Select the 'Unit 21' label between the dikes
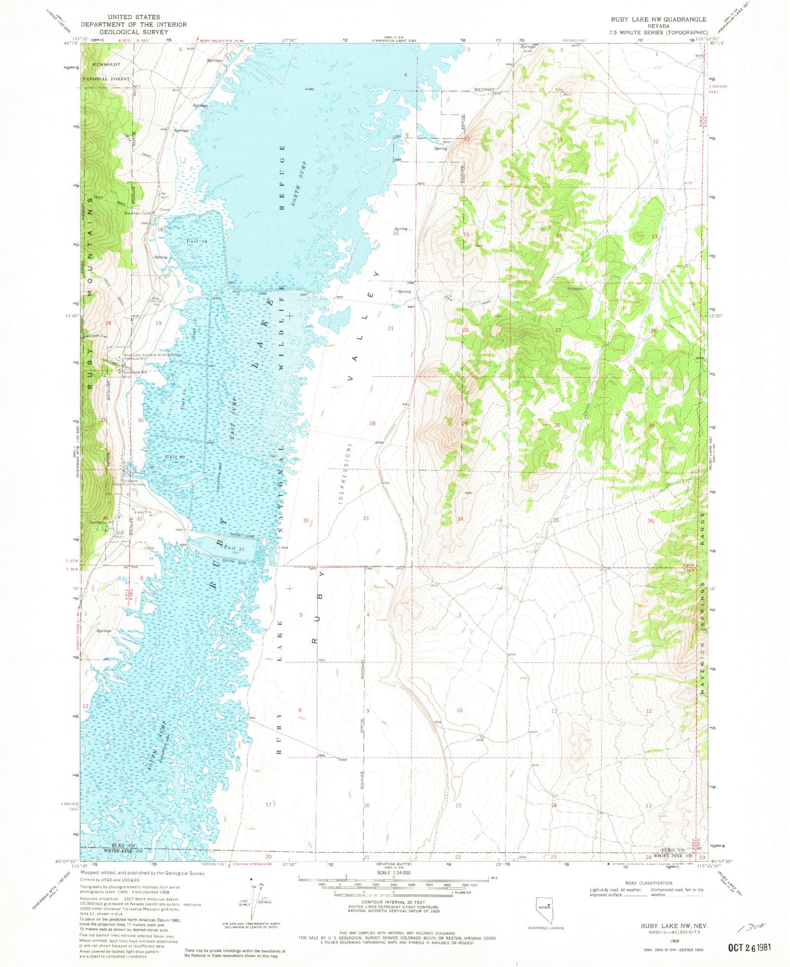(233, 547)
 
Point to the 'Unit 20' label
(175, 457)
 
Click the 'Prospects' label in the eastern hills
(576, 288)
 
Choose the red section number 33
(365, 518)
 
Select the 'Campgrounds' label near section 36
(101, 522)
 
